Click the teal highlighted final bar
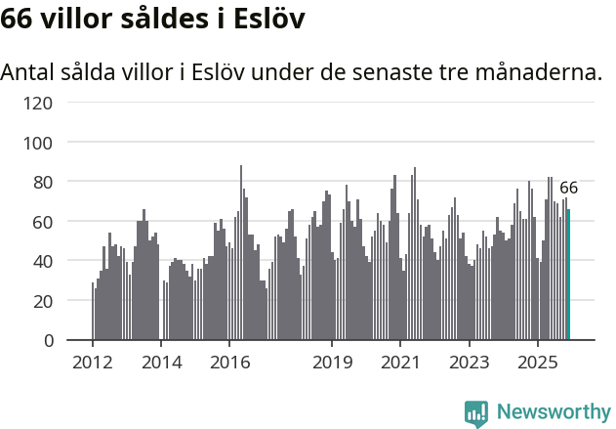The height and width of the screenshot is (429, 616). tap(569, 275)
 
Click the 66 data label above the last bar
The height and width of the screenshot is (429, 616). tap(569, 188)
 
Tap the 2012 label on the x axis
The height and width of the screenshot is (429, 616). tap(93, 363)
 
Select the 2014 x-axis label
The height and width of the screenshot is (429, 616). tap(161, 363)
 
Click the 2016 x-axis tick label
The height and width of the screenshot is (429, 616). tap(229, 363)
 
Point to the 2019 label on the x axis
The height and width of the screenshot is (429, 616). tap(332, 363)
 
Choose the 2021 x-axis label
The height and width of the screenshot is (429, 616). tap(400, 363)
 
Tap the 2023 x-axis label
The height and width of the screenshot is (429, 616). tap(469, 363)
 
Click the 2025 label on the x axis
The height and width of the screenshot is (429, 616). tap(537, 363)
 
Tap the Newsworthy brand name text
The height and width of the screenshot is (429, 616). tap(553, 412)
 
